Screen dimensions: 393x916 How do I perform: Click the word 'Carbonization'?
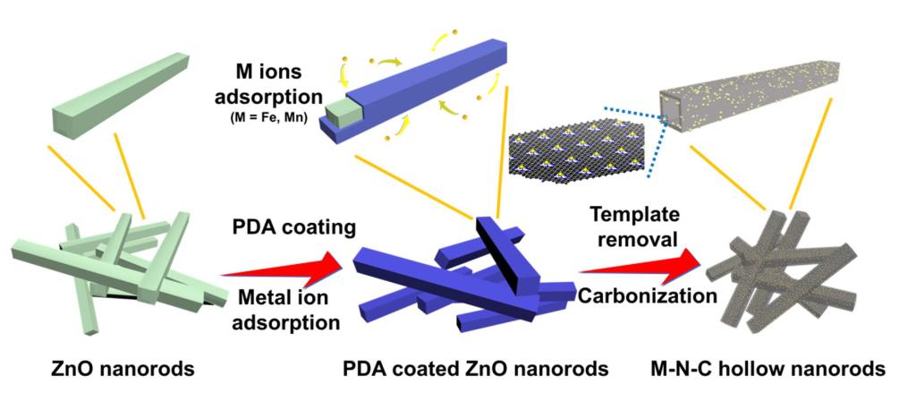[648, 295]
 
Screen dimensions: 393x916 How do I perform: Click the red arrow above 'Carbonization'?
[639, 265]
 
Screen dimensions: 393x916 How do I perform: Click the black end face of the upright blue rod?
[500, 255]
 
